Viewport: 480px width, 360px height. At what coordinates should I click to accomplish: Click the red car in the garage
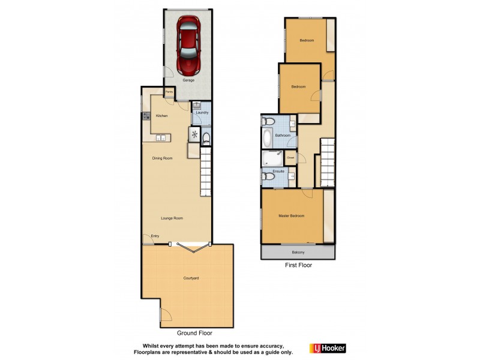(x=188, y=44)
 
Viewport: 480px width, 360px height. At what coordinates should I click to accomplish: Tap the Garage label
(x=188, y=80)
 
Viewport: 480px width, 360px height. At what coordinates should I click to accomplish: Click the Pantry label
(x=170, y=92)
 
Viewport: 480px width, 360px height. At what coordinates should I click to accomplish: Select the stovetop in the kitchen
(x=146, y=115)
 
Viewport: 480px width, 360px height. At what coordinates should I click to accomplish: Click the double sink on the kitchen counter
(x=161, y=138)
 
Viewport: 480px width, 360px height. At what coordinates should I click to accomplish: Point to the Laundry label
(x=202, y=113)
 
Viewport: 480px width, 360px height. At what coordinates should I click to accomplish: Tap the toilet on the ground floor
(x=206, y=140)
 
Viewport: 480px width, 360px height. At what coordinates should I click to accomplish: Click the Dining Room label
(x=162, y=158)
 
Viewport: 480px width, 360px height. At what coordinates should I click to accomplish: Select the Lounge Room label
(x=172, y=218)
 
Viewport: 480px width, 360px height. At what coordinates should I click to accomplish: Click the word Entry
(x=155, y=236)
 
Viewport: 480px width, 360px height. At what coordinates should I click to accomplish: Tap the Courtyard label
(x=191, y=279)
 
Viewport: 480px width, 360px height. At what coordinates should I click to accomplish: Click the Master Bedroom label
(x=291, y=216)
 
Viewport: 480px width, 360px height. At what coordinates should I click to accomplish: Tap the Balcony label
(x=298, y=253)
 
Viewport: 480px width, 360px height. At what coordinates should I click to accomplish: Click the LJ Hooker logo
(x=328, y=348)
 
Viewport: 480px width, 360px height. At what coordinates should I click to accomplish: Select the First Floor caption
(x=298, y=265)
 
